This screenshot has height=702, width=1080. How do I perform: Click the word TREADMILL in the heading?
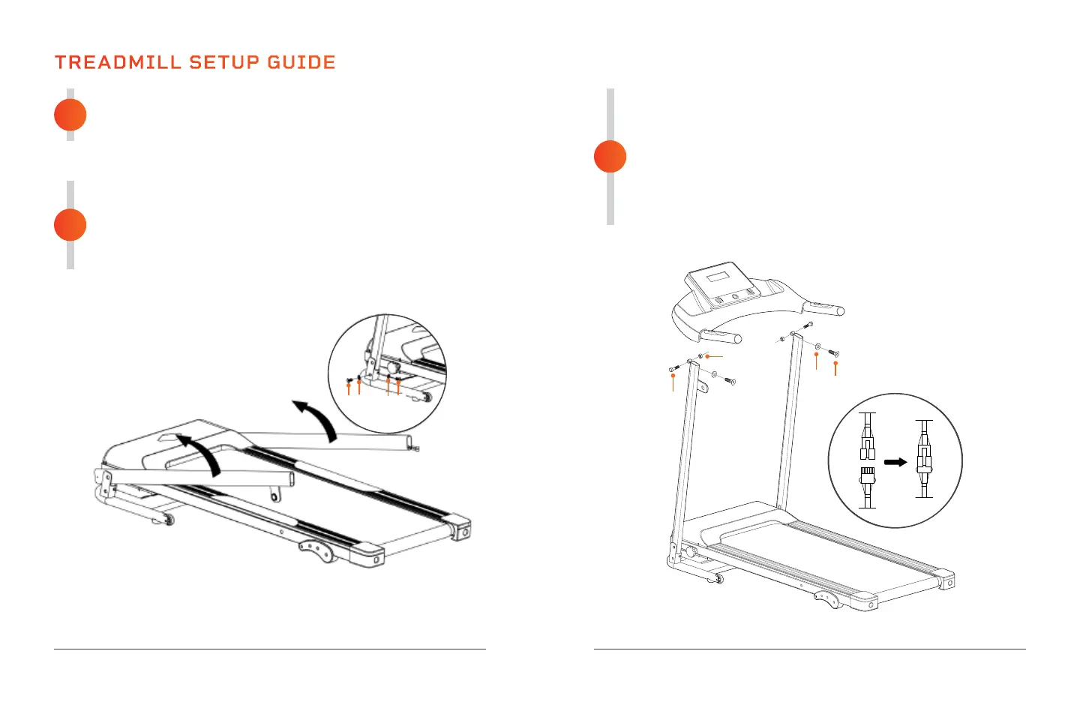tap(118, 62)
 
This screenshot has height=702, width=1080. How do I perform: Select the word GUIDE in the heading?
tap(301, 62)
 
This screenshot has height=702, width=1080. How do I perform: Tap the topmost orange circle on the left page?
tap(70, 115)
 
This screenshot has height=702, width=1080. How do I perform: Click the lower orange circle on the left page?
tap(70, 225)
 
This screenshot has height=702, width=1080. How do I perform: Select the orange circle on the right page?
tap(610, 157)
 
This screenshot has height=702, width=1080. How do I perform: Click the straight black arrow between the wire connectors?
tap(895, 462)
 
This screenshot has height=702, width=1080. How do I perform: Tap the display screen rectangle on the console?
tap(718, 277)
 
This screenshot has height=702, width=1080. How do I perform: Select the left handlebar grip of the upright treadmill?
tap(721, 337)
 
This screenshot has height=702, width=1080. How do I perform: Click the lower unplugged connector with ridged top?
tap(868, 476)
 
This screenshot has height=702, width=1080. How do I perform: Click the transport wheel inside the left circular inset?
tap(427, 397)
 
